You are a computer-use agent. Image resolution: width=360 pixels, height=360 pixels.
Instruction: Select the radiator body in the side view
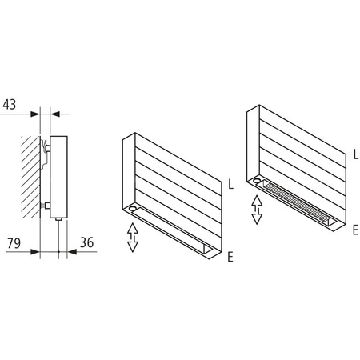(x=60, y=176)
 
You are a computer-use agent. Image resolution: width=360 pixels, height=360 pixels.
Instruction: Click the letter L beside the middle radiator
(x=230, y=185)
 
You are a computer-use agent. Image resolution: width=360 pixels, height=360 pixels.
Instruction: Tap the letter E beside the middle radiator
(x=230, y=257)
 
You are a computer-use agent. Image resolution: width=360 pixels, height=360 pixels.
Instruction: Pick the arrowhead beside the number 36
(x=73, y=250)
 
